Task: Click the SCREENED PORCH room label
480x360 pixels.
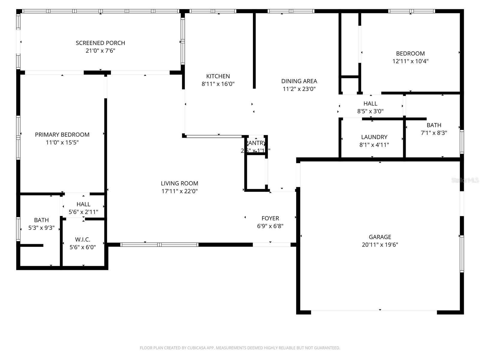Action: pyautogui.click(x=100, y=43)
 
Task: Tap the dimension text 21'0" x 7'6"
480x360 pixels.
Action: pyautogui.click(x=100, y=51)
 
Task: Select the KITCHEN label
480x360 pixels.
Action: pyautogui.click(x=218, y=76)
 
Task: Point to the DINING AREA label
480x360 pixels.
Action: pyautogui.click(x=299, y=81)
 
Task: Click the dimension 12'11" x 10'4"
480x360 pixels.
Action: pyautogui.click(x=410, y=61)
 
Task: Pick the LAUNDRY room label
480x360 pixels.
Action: pyautogui.click(x=374, y=137)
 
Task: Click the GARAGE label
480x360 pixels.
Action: pyautogui.click(x=380, y=237)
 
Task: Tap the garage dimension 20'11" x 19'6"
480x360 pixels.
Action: pyautogui.click(x=380, y=244)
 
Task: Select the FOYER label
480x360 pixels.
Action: pyautogui.click(x=270, y=218)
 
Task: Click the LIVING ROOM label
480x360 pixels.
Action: pyautogui.click(x=179, y=183)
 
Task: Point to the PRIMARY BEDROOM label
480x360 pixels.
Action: pyautogui.click(x=62, y=135)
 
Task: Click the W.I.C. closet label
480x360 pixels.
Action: pyautogui.click(x=82, y=239)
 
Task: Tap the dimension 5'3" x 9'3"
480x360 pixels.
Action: pyautogui.click(x=41, y=228)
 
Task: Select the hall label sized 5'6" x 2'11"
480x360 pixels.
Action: pyautogui.click(x=83, y=204)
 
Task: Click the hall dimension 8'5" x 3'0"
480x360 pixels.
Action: pyautogui.click(x=370, y=111)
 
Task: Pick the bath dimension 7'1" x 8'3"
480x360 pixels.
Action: pyautogui.click(x=434, y=133)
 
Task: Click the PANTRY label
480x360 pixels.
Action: pyautogui.click(x=256, y=143)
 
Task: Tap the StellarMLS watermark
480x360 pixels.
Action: pyautogui.click(x=465, y=180)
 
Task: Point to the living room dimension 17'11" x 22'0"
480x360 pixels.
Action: pyautogui.click(x=179, y=191)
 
